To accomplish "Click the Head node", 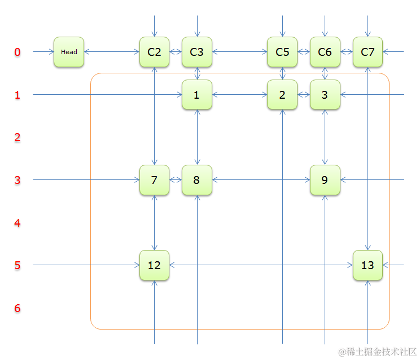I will coord(69,52).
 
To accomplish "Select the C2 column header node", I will coord(154,52).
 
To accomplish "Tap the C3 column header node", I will coord(196,52).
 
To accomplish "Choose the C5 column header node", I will coord(282,52).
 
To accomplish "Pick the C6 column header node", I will coord(325,52).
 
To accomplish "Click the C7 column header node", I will coord(368,52).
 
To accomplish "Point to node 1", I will coord(196,95).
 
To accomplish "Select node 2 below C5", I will coord(282,95).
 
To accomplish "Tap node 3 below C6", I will coord(325,95).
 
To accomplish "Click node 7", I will coord(154,180).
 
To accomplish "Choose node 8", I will coord(196,180).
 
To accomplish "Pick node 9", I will coord(325,180).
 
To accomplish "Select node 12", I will coord(154,265).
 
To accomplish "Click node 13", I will coord(368,265).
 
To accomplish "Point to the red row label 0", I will coord(17,52).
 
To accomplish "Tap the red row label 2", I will coord(17,138).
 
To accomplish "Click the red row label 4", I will coord(17,223).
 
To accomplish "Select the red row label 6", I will coord(17,308).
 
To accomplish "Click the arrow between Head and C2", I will coord(112,52).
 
